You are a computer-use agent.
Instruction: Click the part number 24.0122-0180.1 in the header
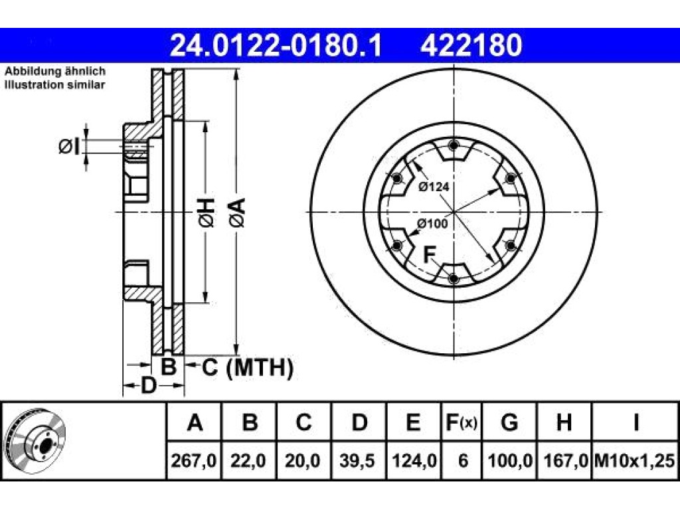276,46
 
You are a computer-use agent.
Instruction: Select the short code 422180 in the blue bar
471,46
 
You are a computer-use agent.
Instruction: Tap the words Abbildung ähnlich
55,71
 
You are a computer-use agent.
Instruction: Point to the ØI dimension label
69,147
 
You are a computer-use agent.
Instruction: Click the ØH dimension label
207,212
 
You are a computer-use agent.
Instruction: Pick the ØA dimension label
238,212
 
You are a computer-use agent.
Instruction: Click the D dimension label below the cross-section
148,385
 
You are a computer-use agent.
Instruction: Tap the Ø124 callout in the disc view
434,187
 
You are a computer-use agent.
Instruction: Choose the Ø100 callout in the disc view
432,224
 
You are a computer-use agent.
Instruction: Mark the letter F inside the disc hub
429,254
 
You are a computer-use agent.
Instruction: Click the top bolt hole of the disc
453,145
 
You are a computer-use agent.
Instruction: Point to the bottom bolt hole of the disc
453,278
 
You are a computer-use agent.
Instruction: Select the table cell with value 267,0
194,460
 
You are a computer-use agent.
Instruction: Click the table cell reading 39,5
357,460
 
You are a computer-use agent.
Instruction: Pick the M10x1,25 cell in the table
635,460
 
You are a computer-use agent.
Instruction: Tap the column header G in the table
509,422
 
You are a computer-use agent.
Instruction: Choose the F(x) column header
462,422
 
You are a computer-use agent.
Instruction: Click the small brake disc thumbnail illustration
35,441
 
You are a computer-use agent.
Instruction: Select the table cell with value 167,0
564,460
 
